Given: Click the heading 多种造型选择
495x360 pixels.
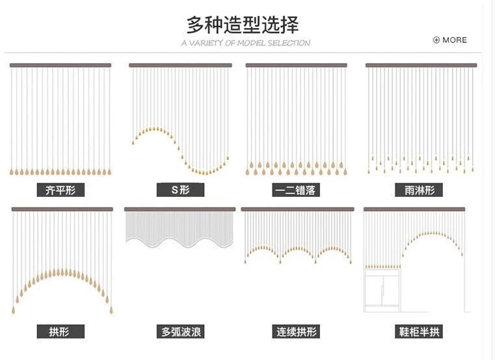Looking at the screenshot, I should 243,25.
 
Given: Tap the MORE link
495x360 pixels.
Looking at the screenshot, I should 454,40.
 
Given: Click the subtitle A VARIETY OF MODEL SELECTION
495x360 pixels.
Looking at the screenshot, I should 246,44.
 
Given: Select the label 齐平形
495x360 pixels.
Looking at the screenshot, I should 60,190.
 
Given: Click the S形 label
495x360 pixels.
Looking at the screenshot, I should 180,190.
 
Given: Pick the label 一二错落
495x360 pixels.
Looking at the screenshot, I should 295,190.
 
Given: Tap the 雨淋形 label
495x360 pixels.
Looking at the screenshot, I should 419,190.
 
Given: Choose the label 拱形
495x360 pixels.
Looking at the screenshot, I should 59,331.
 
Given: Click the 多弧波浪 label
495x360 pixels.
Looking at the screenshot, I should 181,331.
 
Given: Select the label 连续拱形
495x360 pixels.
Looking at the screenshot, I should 296,331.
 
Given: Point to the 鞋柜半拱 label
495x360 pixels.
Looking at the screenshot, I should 420,331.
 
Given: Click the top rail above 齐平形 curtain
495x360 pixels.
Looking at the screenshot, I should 60,65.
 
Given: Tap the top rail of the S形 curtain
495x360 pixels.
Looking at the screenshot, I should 180,65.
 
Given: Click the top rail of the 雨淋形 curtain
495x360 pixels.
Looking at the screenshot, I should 421,65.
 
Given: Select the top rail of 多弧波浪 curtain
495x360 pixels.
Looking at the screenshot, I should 180,209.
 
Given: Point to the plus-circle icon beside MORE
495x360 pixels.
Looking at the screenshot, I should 436,40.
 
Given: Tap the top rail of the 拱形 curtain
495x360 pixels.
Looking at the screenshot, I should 62,209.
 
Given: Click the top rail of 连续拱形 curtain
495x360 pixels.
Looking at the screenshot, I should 297,209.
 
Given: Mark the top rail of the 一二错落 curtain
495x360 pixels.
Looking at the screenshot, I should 296,65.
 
